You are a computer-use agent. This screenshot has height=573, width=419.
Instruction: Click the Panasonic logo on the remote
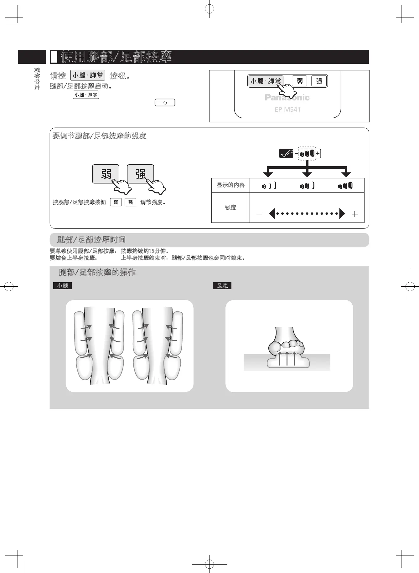(287, 98)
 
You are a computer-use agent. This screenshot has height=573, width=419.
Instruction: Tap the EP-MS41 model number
(287, 110)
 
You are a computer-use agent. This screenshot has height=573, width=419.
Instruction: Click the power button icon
(165, 103)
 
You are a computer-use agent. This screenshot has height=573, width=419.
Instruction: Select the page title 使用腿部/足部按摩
(116, 57)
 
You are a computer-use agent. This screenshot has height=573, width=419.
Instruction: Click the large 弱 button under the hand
(106, 174)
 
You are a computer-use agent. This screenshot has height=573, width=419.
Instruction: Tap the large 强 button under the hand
(140, 174)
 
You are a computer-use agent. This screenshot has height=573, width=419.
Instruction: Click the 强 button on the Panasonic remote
(319, 81)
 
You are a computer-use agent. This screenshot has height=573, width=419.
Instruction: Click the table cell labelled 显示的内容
(230, 185)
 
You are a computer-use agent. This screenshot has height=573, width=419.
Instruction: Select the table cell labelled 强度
(230, 207)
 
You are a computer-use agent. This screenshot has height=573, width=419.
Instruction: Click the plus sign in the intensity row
(354, 214)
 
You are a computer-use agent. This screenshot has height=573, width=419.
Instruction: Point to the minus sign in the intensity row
(259, 214)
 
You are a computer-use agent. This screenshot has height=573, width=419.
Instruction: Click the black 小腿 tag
(62, 286)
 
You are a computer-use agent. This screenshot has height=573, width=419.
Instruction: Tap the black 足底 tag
(222, 286)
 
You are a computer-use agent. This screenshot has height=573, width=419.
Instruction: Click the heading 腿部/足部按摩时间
(91, 240)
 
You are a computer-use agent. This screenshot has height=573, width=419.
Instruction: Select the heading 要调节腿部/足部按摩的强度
(99, 136)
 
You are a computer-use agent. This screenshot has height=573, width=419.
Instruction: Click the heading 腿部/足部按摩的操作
(97, 272)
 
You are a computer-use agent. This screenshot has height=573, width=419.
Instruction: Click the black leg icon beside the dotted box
(287, 153)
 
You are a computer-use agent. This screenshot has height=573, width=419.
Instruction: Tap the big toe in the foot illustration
(275, 347)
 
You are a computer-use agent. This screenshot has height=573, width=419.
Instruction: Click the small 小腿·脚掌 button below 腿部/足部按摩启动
(86, 95)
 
